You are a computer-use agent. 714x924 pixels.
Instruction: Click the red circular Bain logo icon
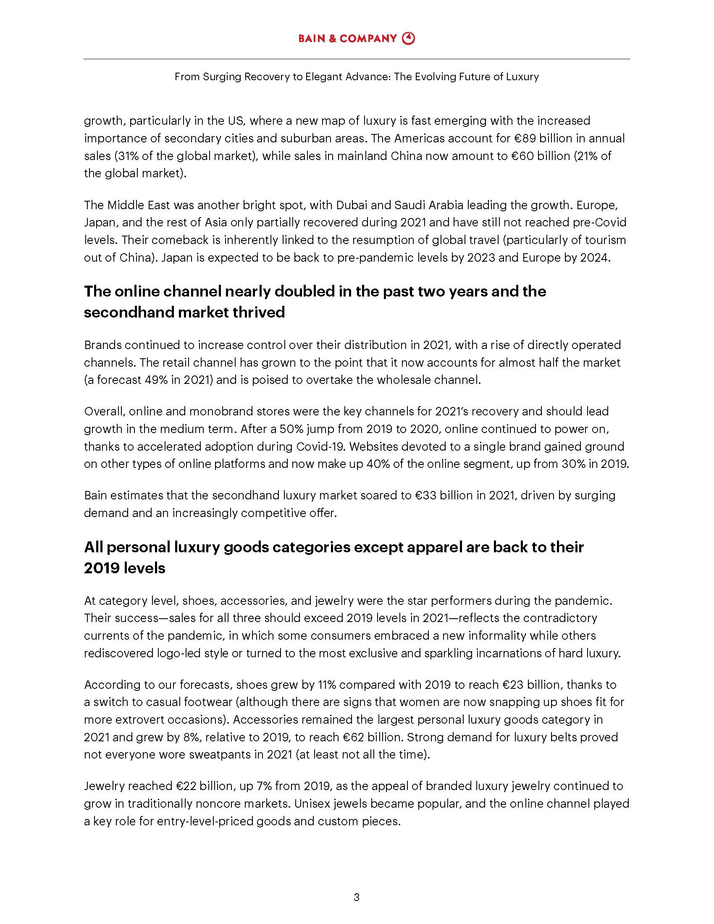click(408, 39)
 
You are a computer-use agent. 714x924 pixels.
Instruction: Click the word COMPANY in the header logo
click(368, 39)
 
